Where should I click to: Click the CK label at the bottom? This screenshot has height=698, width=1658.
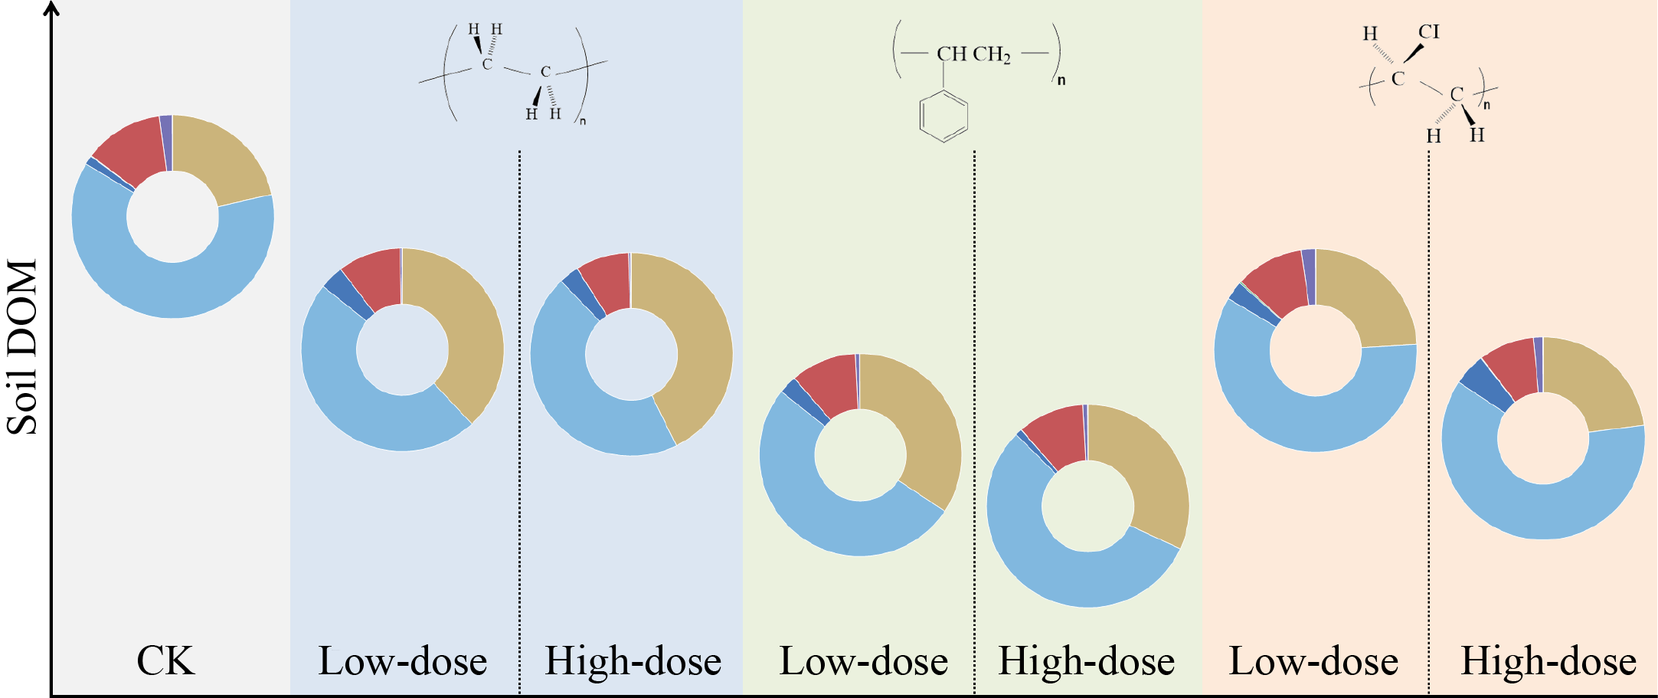165,660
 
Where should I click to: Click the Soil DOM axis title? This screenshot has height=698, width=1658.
23,347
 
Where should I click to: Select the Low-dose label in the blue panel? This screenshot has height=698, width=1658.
403,660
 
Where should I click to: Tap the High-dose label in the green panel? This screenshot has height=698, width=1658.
1086,660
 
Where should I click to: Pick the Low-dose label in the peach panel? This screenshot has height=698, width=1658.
1313,660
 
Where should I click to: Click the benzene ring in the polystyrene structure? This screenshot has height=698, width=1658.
943,116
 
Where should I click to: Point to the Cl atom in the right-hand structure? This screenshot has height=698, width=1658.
1429,32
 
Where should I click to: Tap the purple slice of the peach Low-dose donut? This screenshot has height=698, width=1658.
1309,277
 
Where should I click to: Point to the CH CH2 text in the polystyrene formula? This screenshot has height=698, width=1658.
973,54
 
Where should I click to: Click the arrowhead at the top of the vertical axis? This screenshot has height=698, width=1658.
51,8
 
